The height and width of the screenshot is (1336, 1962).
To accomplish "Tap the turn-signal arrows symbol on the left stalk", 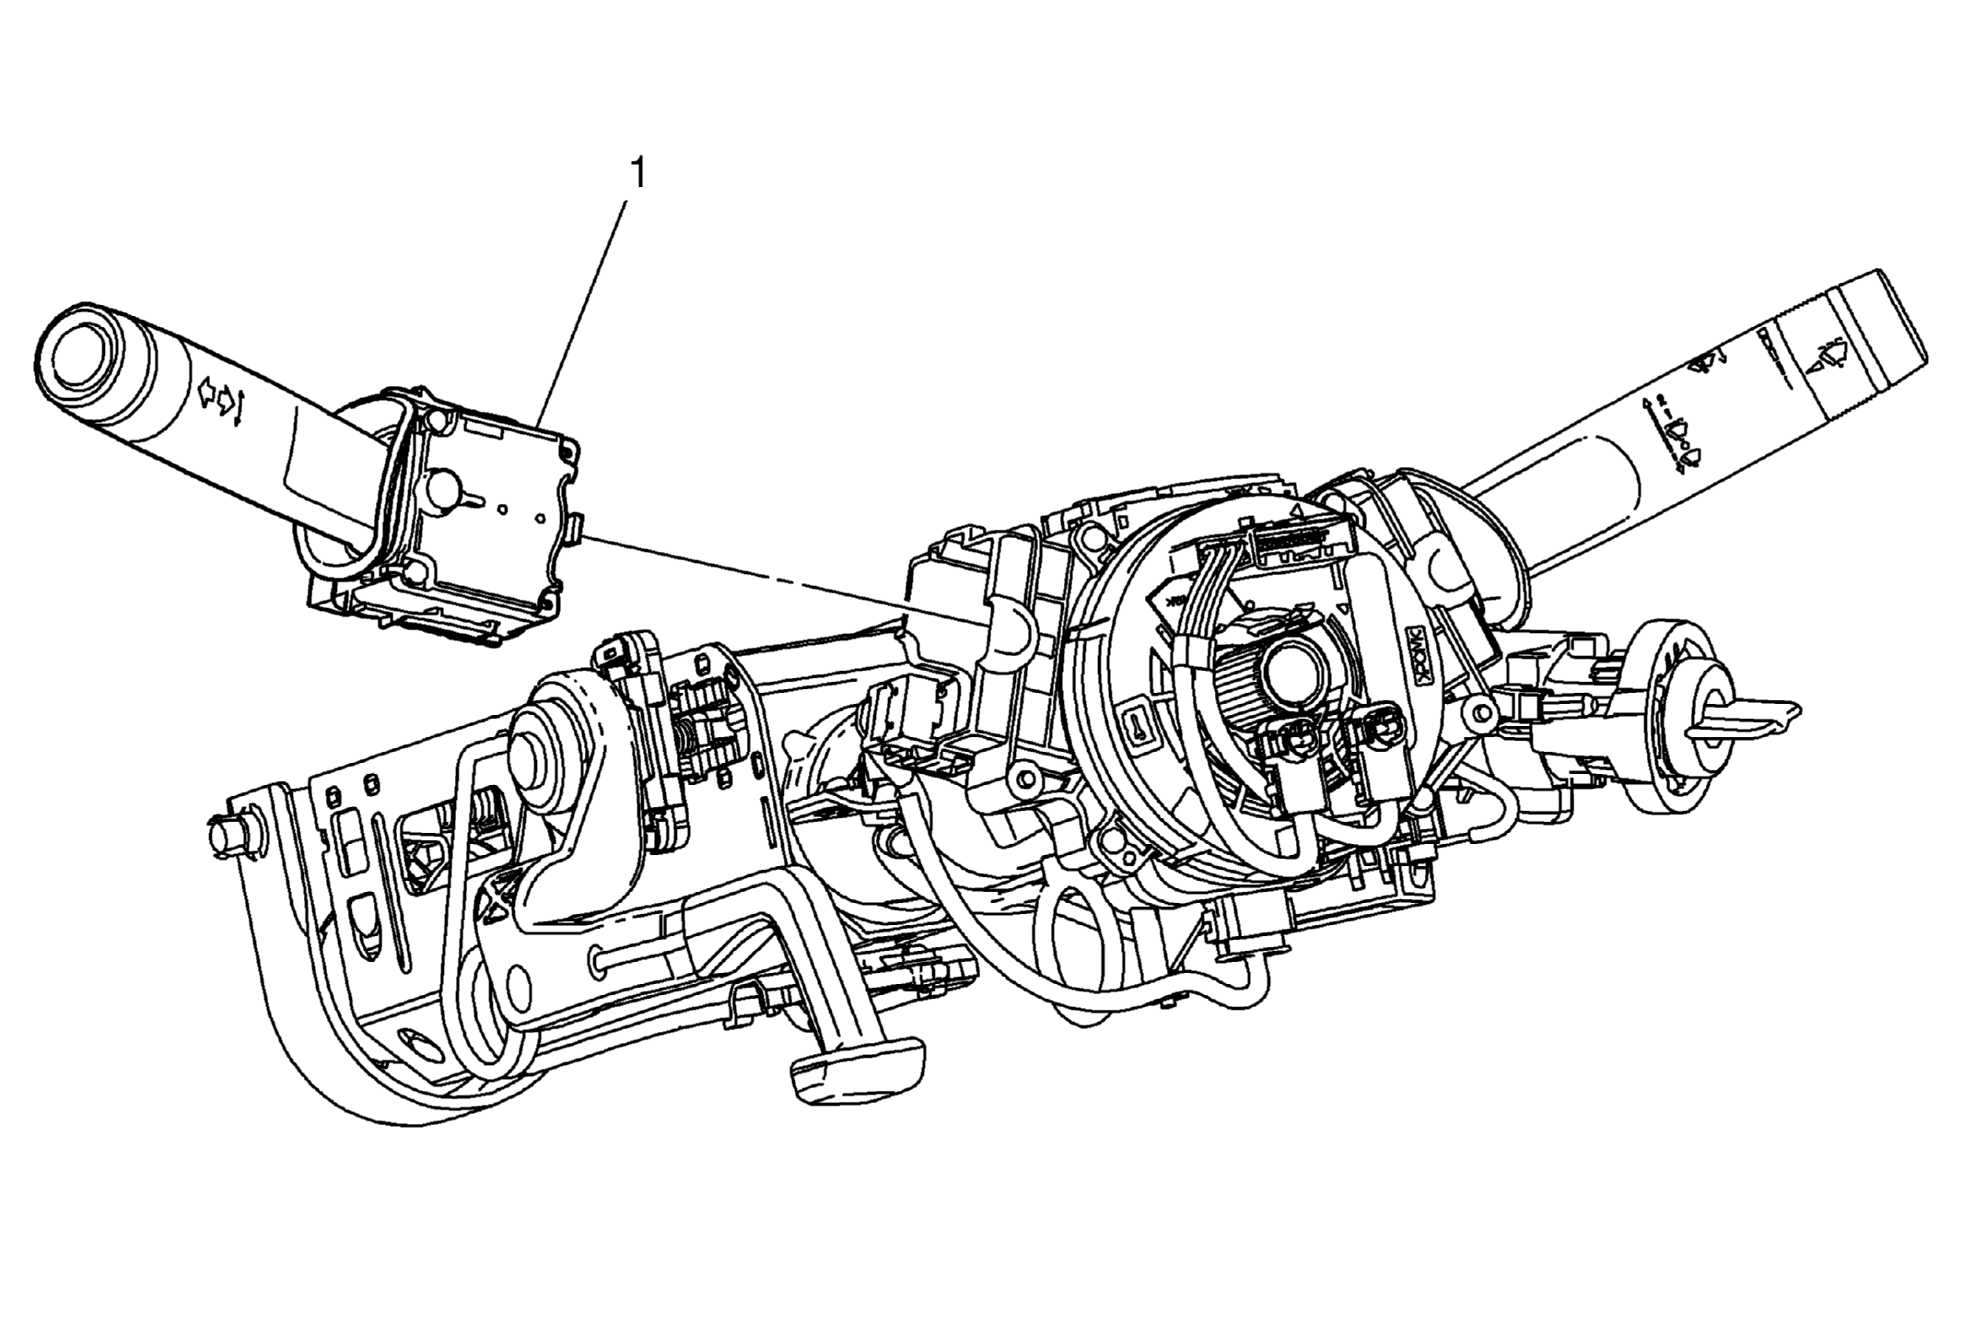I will click(222, 399).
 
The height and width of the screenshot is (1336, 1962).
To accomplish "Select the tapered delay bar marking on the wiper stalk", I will click(1772, 356).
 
